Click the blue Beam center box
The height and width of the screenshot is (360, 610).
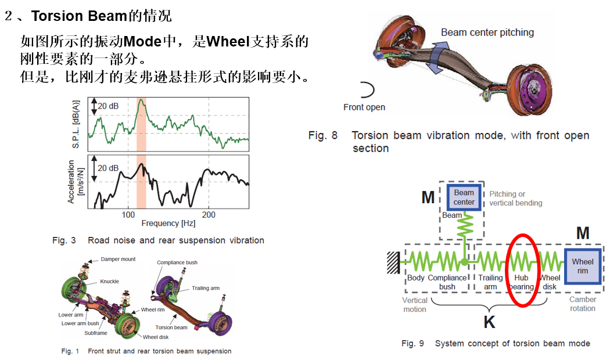464,197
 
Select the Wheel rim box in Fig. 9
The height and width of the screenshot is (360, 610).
582,267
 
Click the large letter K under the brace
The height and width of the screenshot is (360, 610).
489,322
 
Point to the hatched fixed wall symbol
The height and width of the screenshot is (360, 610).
393,263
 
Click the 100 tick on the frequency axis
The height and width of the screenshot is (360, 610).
128,215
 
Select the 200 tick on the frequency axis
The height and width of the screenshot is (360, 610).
209,215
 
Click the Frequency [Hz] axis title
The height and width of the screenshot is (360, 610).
168,223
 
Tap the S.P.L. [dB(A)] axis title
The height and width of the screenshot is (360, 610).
76,124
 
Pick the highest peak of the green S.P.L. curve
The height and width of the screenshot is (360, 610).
141,99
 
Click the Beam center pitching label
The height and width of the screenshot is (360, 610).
487,33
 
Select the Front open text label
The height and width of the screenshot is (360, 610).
364,107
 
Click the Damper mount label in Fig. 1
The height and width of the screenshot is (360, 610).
118,259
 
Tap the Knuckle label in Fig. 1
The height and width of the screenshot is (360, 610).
109,281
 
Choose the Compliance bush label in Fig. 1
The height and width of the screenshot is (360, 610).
177,262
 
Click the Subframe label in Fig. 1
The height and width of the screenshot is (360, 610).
96,333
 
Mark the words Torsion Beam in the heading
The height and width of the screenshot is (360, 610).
80,16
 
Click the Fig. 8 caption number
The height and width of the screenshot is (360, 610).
322,135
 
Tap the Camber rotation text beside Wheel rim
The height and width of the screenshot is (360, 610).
582,304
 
